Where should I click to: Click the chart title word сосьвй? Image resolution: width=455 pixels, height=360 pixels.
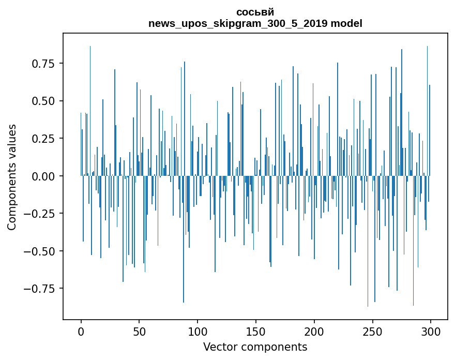pyautogui.click(x=255, y=12)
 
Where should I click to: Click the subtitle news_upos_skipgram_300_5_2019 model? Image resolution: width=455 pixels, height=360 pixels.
pyautogui.click(x=255, y=23)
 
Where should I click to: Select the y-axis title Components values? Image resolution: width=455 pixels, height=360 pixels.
pyautogui.click(x=12, y=177)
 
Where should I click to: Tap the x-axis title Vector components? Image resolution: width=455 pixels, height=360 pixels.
pyautogui.click(x=255, y=347)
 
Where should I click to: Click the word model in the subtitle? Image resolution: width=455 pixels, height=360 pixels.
pyautogui.click(x=346, y=23)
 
